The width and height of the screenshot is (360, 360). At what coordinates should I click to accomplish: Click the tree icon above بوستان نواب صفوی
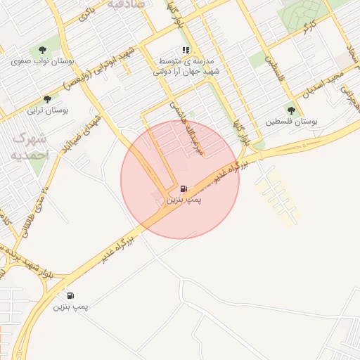(43, 49)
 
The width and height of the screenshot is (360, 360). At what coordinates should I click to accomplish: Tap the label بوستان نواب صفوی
(39, 61)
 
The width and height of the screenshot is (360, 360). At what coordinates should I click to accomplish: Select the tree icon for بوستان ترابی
(47, 99)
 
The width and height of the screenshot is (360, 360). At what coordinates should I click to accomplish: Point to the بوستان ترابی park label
(46, 110)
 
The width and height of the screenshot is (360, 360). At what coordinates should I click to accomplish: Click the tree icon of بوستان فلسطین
(291, 110)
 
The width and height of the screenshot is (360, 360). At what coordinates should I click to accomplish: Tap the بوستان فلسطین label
(292, 122)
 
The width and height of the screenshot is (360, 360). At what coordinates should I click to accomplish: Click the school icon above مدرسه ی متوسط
(186, 50)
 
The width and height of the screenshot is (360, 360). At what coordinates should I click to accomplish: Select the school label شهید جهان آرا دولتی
(186, 72)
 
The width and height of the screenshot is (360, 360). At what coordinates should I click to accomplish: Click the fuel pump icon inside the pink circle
(184, 188)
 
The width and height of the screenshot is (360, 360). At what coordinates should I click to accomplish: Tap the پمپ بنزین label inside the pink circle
(184, 200)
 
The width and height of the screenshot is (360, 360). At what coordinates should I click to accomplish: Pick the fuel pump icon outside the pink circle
(71, 295)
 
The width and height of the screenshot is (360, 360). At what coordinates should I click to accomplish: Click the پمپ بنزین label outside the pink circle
(71, 307)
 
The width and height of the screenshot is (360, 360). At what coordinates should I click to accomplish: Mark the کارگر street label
(307, 28)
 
